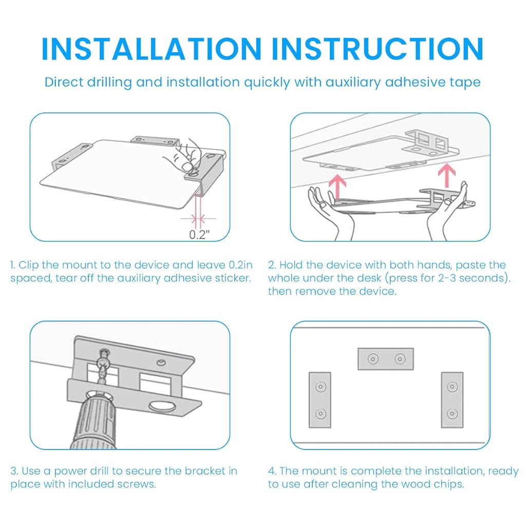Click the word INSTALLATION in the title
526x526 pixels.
(152, 49)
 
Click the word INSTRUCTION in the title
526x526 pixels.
(378, 49)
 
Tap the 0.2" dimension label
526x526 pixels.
(200, 234)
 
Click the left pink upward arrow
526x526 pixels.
(337, 188)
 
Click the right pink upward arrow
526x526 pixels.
(446, 175)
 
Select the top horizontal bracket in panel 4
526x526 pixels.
(386, 359)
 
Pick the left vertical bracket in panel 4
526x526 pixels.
(320, 400)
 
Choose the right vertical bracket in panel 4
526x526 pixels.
(452, 400)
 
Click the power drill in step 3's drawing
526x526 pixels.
(94, 422)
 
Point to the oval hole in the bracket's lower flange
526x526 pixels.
(162, 407)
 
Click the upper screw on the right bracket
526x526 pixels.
(452, 387)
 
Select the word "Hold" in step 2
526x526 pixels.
(291, 265)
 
